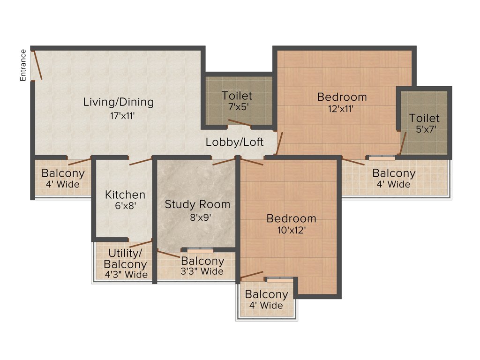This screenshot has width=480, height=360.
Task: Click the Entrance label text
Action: point(22,65)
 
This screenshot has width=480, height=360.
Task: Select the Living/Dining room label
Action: point(118,102)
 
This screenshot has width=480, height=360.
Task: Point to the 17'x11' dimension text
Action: point(118,115)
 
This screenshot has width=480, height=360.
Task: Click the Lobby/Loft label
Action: point(234,142)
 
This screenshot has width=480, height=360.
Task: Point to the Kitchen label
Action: point(125,195)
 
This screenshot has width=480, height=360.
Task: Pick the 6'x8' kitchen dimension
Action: point(125,205)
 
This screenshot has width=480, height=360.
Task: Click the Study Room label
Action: point(197,204)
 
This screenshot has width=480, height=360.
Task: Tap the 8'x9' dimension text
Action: point(197,217)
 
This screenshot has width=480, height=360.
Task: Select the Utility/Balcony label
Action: point(125,259)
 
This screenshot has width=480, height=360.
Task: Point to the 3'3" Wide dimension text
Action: point(202,271)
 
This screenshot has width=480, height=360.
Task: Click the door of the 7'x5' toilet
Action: point(240,123)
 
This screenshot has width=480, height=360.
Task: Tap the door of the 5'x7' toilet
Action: point(402,143)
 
